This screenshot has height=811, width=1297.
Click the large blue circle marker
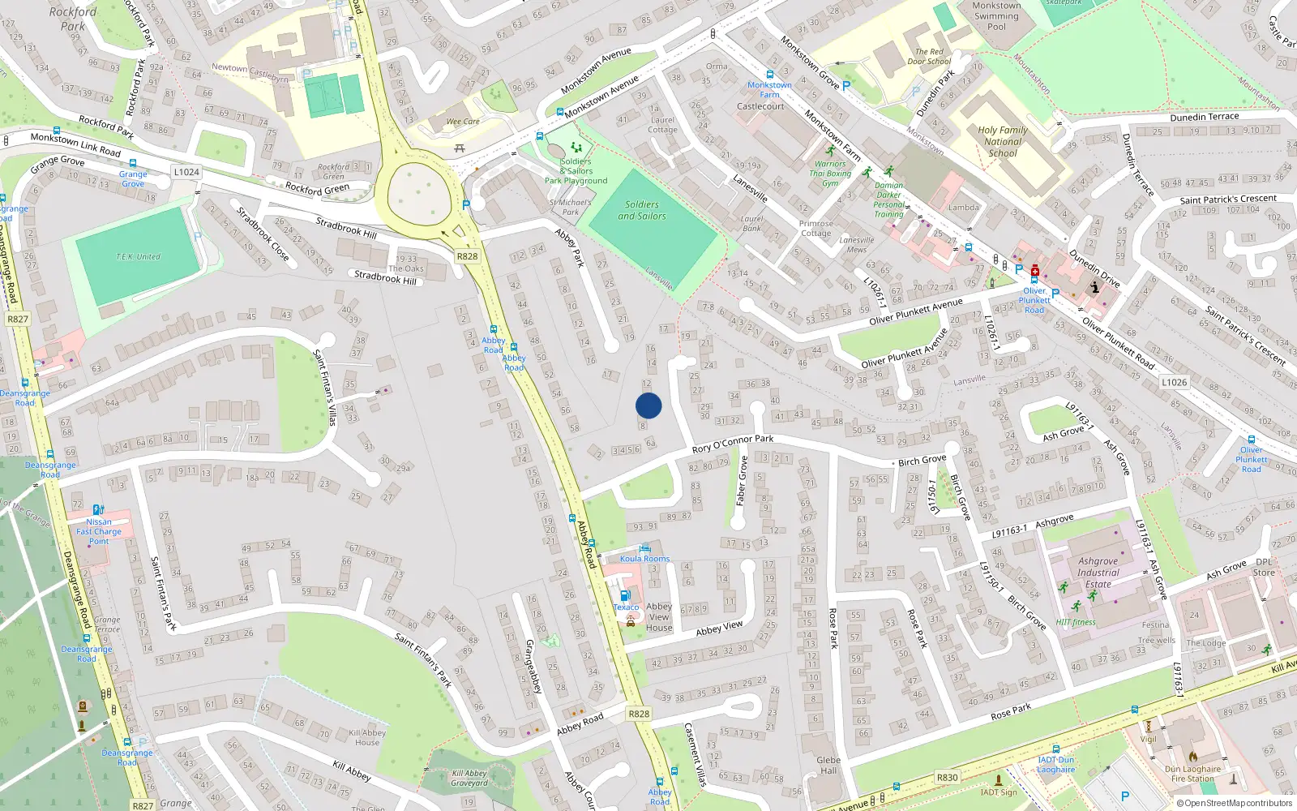[x=648, y=405]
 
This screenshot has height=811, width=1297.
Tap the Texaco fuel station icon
[x=624, y=595]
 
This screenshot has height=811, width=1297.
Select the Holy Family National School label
[x=1002, y=141]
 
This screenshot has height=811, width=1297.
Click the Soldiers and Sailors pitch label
[x=641, y=210]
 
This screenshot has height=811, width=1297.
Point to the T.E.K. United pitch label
[x=138, y=256]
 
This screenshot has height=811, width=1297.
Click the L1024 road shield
[x=186, y=172]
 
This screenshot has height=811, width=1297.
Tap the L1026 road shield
[x=1174, y=382]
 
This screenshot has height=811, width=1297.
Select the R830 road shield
[x=947, y=777]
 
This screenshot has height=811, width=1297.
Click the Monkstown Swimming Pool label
[x=996, y=15]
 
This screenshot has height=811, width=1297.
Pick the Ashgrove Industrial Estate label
[x=1098, y=572]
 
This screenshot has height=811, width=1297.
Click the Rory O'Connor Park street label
[x=732, y=443]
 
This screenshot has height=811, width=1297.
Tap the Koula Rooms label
[x=644, y=559]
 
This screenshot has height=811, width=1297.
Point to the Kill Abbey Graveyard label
[x=469, y=778]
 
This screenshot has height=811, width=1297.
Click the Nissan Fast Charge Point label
[x=99, y=531]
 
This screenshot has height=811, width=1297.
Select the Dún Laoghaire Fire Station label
[x=1192, y=774]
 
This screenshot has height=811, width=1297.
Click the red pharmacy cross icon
[x=1035, y=270]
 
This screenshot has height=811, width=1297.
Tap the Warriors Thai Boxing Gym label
[x=830, y=174]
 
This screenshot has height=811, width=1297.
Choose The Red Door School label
[x=929, y=56]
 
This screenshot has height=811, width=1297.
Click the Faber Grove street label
[x=742, y=481]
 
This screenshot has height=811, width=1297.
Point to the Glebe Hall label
[x=828, y=765]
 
